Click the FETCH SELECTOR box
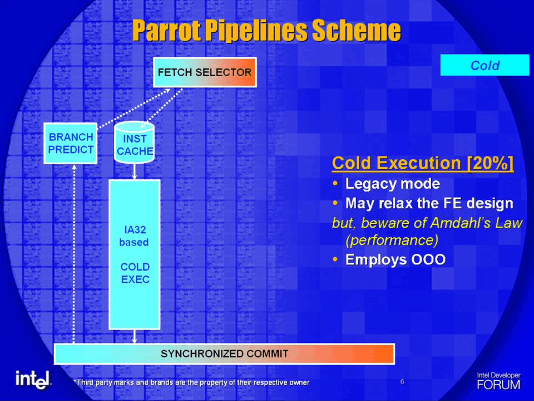(205, 72)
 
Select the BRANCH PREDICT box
(71, 143)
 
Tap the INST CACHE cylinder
(134, 142)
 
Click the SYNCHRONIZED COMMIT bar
(224, 354)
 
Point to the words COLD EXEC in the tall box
(135, 273)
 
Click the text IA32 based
(134, 236)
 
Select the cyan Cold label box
(485, 65)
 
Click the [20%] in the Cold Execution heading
(490, 163)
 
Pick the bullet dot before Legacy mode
(336, 184)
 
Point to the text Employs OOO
(395, 259)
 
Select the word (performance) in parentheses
(392, 240)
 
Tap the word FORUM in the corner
(498, 385)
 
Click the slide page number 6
(402, 382)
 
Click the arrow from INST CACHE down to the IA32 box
(134, 171)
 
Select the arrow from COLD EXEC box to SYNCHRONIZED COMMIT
(134, 336)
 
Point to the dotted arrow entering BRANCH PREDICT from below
(74, 254)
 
